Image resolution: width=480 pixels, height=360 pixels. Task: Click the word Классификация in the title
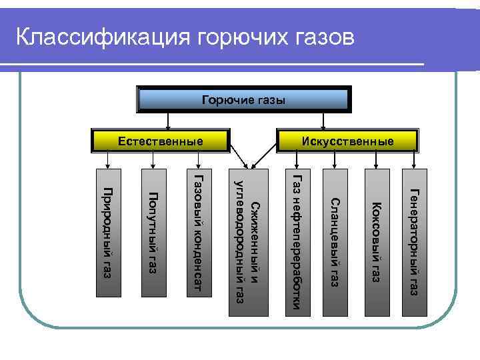[103, 36]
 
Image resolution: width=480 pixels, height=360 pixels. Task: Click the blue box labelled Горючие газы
[243, 101]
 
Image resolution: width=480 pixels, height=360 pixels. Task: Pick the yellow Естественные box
[161, 141]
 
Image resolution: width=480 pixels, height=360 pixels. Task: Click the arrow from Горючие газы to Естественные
[167, 121]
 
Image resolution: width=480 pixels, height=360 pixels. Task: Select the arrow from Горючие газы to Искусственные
[323, 121]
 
